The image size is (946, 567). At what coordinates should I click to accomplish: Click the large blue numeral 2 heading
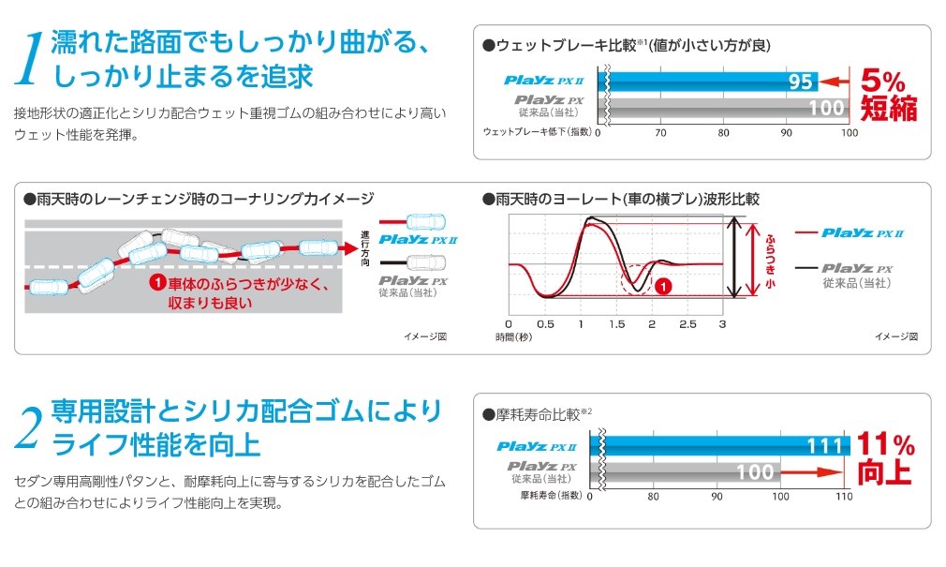29,427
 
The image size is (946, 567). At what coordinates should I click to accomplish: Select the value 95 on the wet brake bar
801,82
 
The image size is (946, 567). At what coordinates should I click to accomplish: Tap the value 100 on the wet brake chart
826,108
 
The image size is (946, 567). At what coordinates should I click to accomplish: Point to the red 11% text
885,443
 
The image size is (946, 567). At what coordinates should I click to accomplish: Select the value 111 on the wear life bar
824,446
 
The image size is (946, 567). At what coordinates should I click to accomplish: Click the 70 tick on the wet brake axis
660,132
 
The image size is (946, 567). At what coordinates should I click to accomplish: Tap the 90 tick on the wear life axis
717,496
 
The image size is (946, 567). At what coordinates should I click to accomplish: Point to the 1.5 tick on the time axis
616,323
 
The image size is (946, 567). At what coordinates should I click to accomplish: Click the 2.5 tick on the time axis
687,323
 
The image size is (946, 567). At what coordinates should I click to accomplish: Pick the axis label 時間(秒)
513,336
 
